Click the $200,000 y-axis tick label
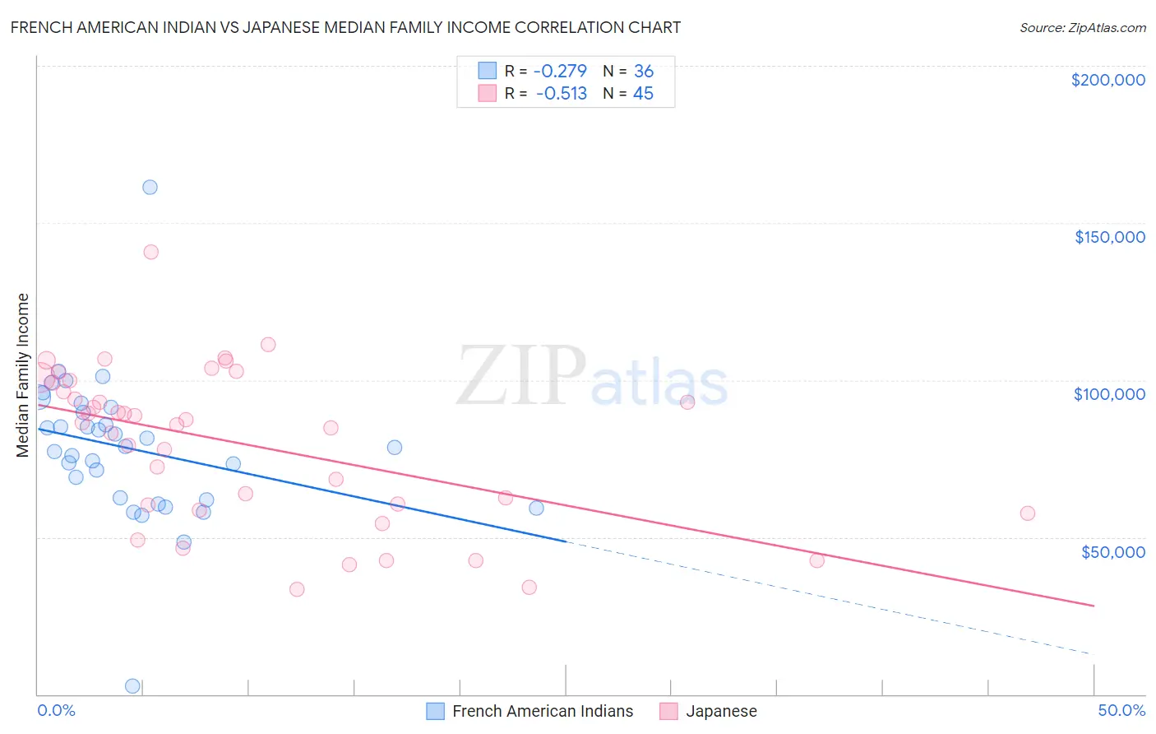click(x=1107, y=80)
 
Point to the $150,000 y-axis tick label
click(x=1109, y=237)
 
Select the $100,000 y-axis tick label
click(x=1109, y=394)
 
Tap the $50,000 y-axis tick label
click(x=1112, y=551)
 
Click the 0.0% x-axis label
click(x=56, y=710)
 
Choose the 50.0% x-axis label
click(x=1121, y=710)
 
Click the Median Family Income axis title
click(x=23, y=375)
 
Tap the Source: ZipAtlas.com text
click(x=1082, y=27)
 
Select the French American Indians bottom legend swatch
click(x=435, y=711)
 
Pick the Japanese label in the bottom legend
click(x=721, y=711)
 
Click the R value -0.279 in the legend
click(x=560, y=72)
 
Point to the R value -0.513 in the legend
click(x=561, y=94)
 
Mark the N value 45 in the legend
click(x=643, y=94)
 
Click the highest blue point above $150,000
click(x=150, y=187)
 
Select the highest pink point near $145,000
click(x=150, y=252)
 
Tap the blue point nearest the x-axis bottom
click(x=132, y=685)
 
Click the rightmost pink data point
click(x=1027, y=513)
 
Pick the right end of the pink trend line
click(x=1094, y=606)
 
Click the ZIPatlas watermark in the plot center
click(x=592, y=376)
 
